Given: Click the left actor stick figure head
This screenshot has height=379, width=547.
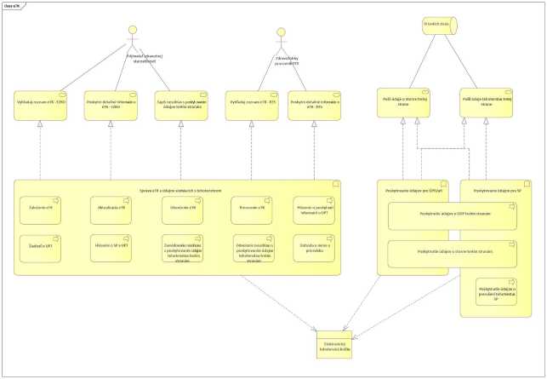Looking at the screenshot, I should click(132, 32).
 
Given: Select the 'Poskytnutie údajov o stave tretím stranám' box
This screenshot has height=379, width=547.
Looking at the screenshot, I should click(450, 253).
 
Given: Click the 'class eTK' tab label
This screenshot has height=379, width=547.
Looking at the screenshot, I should click(14, 4).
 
